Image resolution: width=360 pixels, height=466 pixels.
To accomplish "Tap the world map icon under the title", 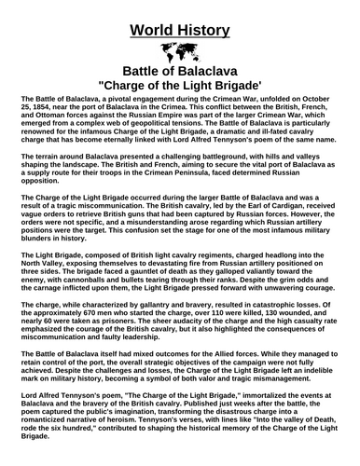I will pos(180,50).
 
